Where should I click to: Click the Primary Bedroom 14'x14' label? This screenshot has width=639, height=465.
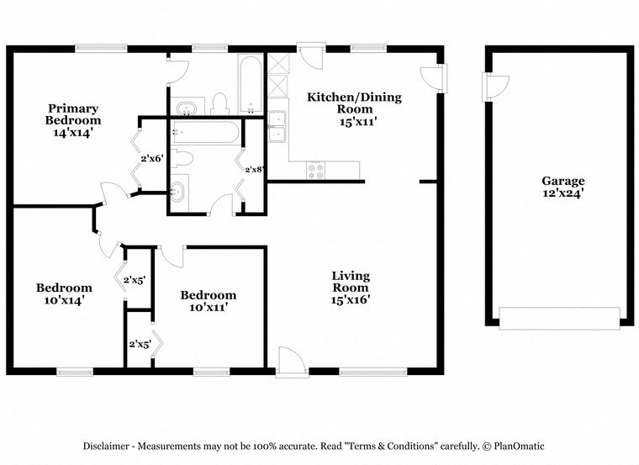click(x=73, y=119)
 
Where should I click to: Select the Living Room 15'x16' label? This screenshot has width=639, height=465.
click(x=350, y=287)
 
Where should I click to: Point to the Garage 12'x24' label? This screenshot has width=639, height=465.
click(x=562, y=187)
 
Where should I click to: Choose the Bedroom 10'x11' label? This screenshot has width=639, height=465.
click(x=209, y=301)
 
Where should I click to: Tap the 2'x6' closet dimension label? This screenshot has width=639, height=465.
click(x=151, y=157)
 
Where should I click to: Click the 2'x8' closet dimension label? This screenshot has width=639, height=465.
click(x=254, y=169)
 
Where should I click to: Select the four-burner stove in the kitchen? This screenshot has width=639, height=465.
click(x=317, y=170)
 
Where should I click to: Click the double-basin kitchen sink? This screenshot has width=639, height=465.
click(x=277, y=126)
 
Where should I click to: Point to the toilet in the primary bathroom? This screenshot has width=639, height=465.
click(x=220, y=103)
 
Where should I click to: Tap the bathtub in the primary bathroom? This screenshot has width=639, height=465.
click(x=250, y=84)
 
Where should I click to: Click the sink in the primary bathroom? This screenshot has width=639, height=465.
click(x=185, y=108)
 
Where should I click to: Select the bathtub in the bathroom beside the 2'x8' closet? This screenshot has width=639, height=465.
click(x=205, y=132)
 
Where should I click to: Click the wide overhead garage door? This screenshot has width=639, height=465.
click(x=559, y=318)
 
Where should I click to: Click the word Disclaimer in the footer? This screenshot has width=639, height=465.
click(x=108, y=446)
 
